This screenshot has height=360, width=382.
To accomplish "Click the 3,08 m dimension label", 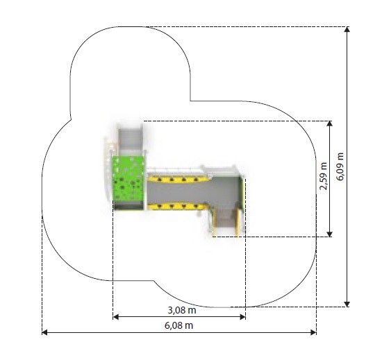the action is tap(182, 310).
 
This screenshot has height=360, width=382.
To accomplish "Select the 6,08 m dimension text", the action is tap(178, 325).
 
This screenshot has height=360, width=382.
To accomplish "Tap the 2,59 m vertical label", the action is tap(324, 176).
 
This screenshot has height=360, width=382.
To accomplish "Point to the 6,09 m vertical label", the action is tap(340, 166).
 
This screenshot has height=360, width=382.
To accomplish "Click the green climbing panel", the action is tap(128, 178).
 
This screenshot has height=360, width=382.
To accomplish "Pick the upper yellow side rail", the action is tap(178, 179).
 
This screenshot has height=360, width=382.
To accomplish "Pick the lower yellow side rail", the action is tap(178, 207).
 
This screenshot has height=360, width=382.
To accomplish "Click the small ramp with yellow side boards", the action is tap(226, 221).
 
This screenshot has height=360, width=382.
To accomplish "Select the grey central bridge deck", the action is tap(192, 193).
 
